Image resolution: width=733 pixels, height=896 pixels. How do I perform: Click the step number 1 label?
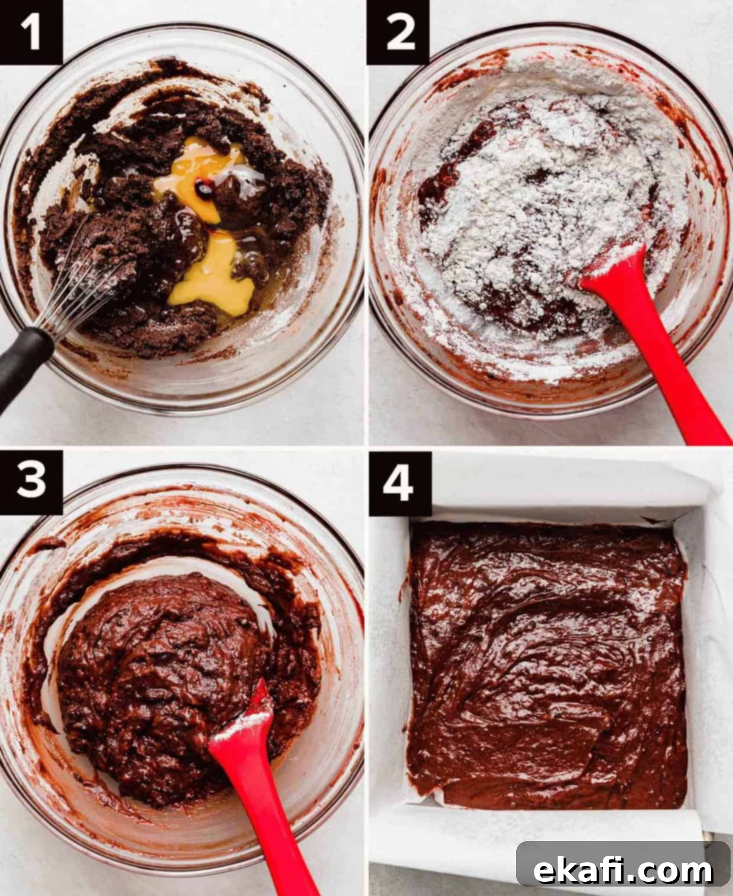point(31,33)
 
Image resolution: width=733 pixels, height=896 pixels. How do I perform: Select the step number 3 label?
point(31,482)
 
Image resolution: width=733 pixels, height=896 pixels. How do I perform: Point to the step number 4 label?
point(400,483)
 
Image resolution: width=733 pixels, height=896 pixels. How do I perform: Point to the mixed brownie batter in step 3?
point(170,680)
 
